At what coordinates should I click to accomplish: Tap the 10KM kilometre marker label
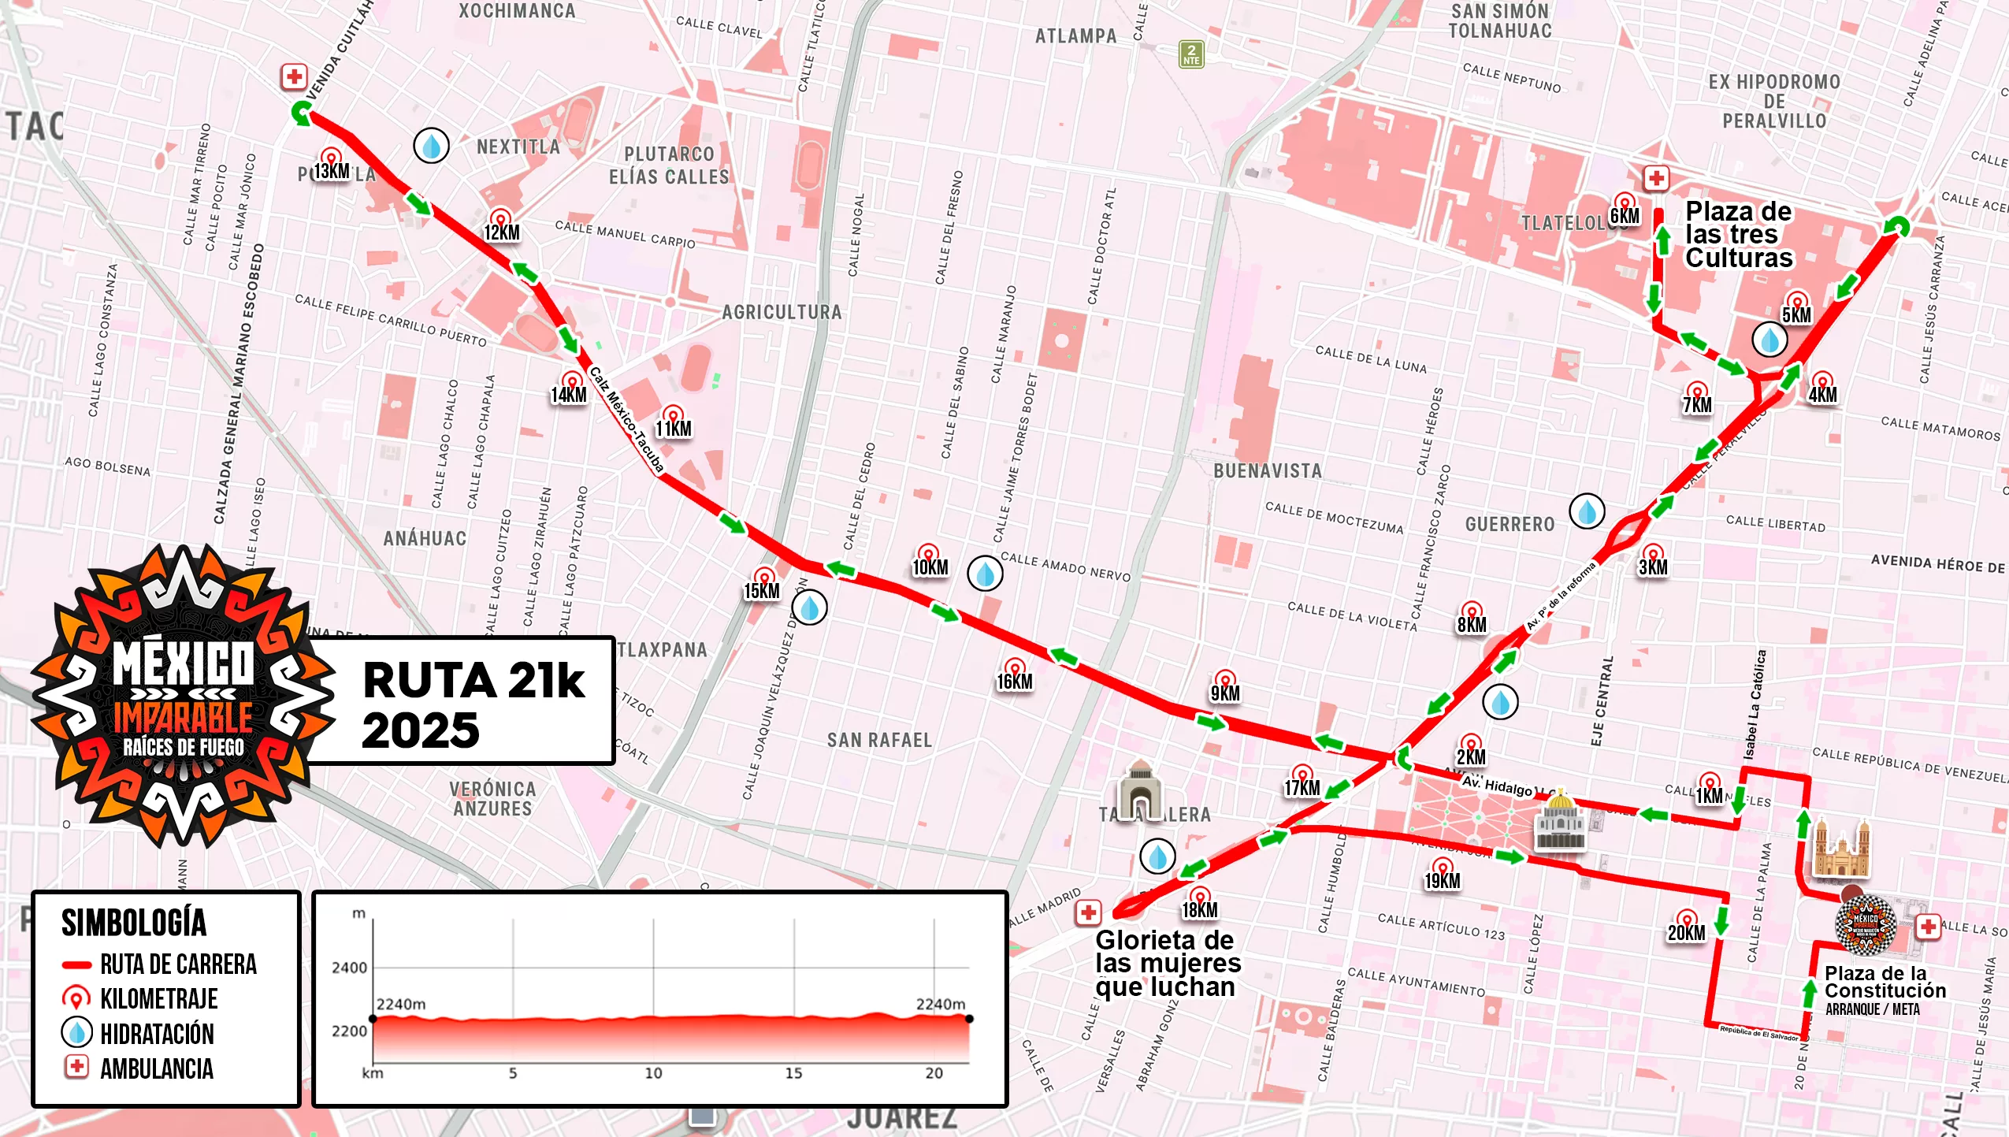point(930,567)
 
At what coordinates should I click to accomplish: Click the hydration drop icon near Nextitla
point(431,146)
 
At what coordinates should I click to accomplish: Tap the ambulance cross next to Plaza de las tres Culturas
point(1656,178)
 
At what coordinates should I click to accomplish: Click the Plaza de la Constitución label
point(1884,983)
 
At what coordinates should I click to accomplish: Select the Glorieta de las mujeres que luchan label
point(1166,963)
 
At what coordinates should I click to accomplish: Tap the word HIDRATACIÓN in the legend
point(157,1034)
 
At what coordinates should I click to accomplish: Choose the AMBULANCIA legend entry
point(157,1068)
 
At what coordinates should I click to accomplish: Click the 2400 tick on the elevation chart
point(349,968)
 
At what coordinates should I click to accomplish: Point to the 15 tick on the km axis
point(793,1073)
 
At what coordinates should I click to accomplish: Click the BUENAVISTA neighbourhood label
point(1267,471)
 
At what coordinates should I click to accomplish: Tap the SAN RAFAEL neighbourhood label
point(878,740)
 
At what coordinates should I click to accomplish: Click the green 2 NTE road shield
point(1190,54)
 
